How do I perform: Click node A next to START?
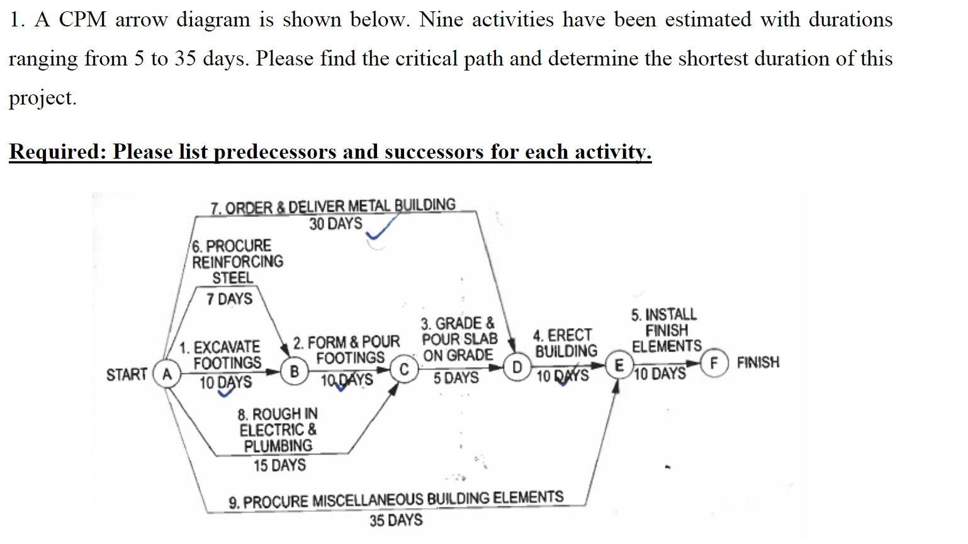[x=167, y=374]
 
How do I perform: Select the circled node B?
[x=294, y=371]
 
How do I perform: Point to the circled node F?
[x=714, y=363]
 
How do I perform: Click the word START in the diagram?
[x=127, y=375]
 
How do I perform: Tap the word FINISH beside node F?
[x=758, y=363]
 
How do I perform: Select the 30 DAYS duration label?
[x=335, y=224]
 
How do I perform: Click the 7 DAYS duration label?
[x=229, y=299]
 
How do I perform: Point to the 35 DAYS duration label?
[x=396, y=521]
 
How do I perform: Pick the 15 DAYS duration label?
[x=279, y=466]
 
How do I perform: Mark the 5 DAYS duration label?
[x=456, y=378]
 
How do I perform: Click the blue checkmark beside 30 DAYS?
[x=382, y=229]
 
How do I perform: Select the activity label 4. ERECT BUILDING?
[x=565, y=343]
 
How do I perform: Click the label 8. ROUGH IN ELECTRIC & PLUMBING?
[x=278, y=430]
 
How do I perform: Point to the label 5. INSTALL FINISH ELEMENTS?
[x=666, y=331]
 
